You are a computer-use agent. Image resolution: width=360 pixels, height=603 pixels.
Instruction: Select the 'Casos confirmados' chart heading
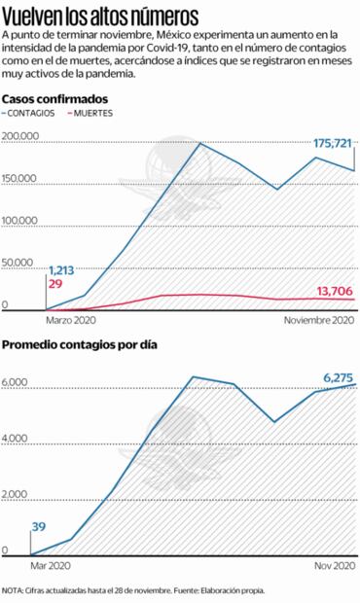click(x=55, y=100)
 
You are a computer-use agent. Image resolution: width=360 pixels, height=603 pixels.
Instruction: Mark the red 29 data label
click(x=54, y=283)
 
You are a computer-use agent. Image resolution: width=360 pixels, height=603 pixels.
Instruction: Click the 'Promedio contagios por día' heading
click(x=79, y=345)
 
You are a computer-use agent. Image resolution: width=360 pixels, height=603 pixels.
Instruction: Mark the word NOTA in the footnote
click(x=15, y=589)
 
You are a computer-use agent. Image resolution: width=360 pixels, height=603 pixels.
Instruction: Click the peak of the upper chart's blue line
click(x=199, y=144)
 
